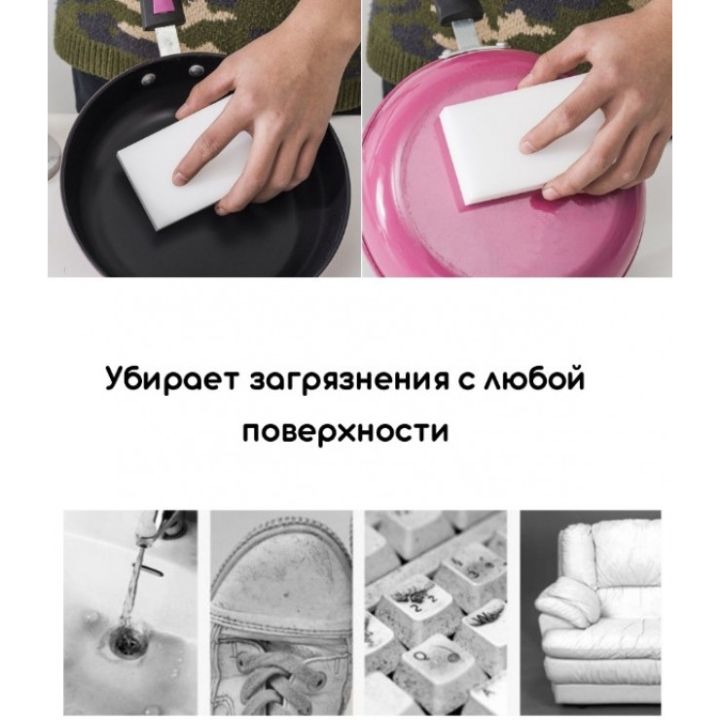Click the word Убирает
[172, 378]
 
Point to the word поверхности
[345, 432]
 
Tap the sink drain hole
[125, 640]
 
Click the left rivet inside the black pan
[148, 79]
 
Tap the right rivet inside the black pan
[197, 70]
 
